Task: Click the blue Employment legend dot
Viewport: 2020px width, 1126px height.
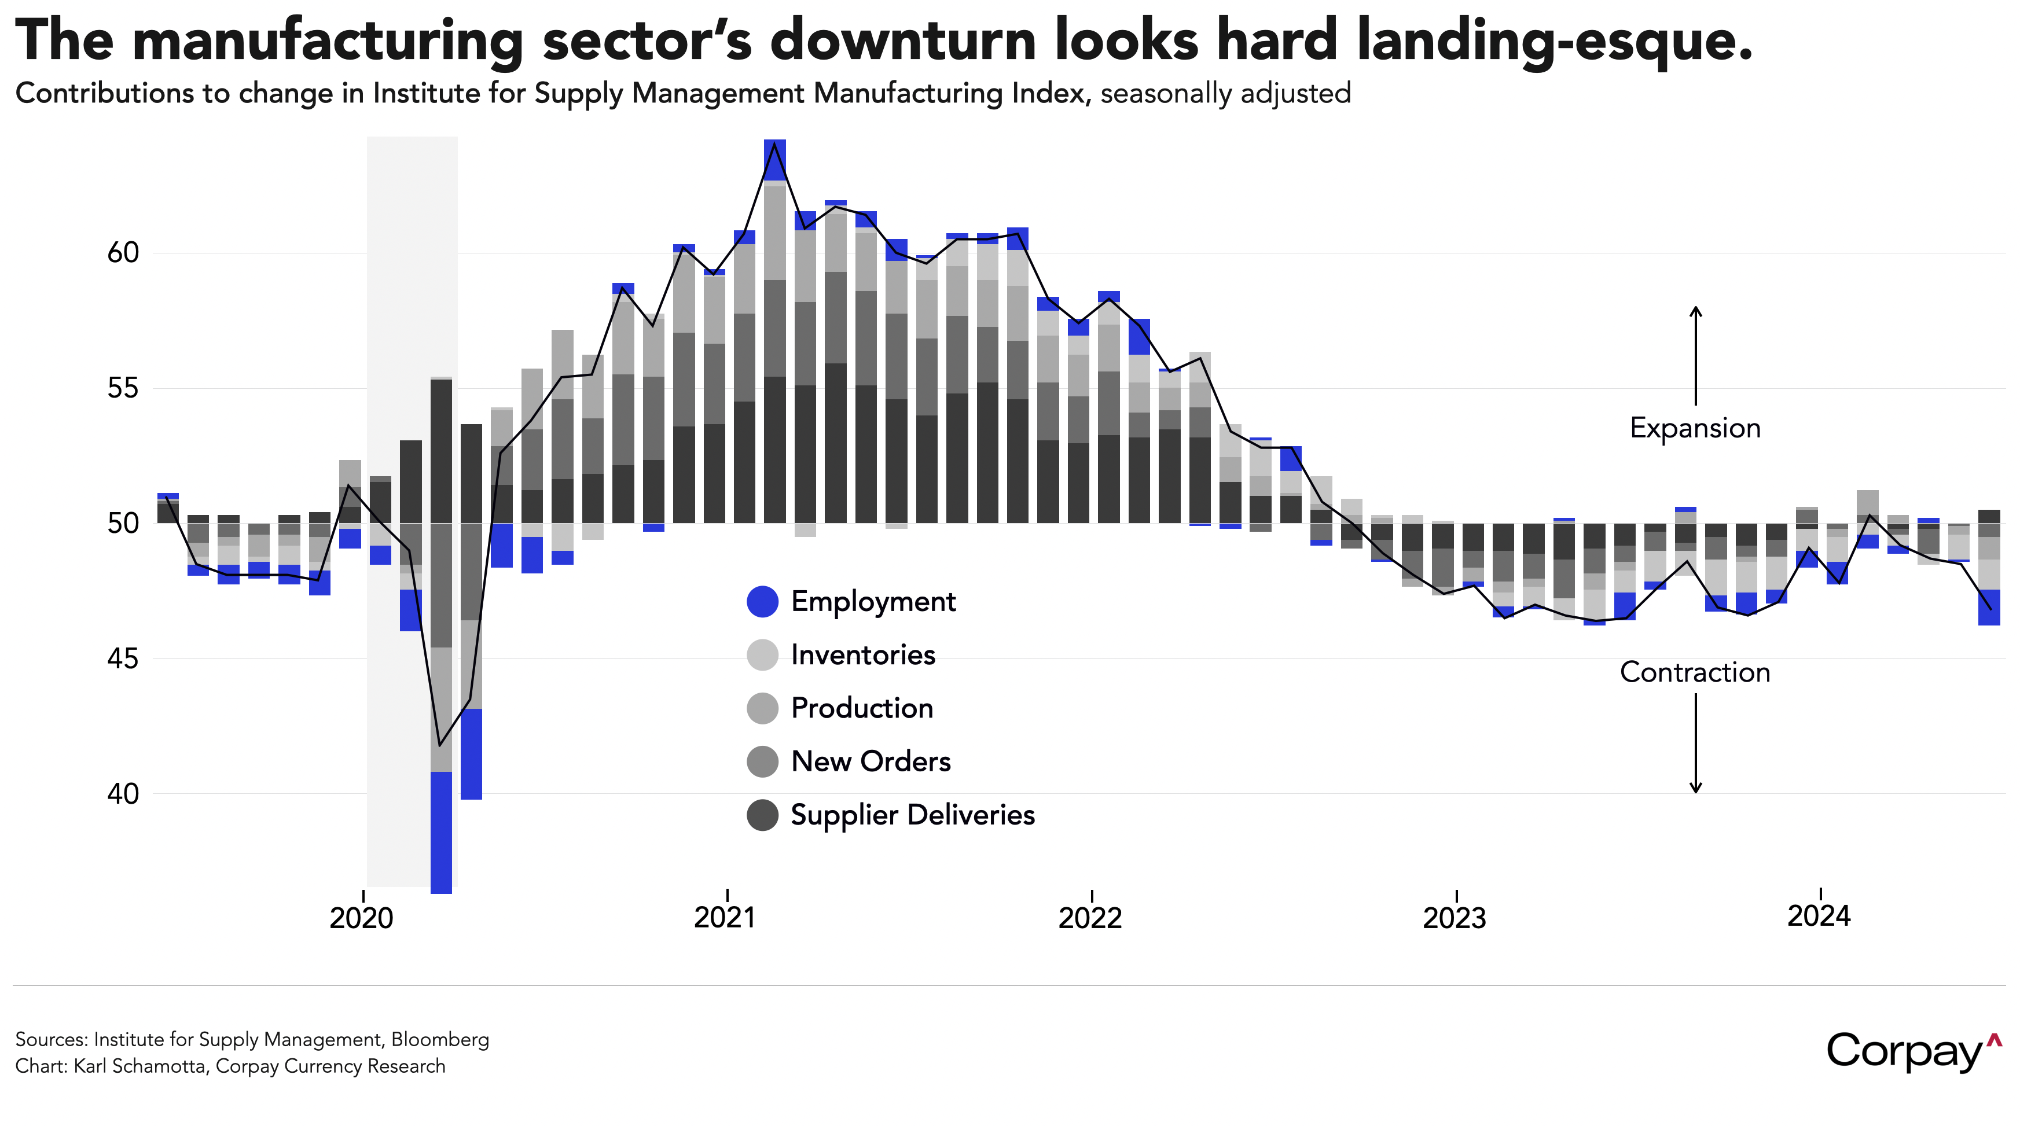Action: point(762,601)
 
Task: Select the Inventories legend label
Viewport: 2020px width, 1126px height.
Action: point(862,655)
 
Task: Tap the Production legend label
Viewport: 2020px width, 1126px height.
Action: point(862,708)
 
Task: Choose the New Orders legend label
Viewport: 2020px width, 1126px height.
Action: point(871,761)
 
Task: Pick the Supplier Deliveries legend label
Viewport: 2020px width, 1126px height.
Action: point(913,815)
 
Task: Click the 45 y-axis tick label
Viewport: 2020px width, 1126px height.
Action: point(123,658)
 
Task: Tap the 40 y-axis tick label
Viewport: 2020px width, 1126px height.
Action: point(123,793)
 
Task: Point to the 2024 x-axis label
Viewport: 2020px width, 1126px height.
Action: point(1819,915)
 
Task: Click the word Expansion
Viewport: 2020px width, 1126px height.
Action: point(1695,428)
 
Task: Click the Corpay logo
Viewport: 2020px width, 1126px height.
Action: point(1914,1051)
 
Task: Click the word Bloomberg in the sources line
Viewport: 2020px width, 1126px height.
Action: point(440,1040)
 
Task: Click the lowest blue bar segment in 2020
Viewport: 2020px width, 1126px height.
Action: point(442,833)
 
